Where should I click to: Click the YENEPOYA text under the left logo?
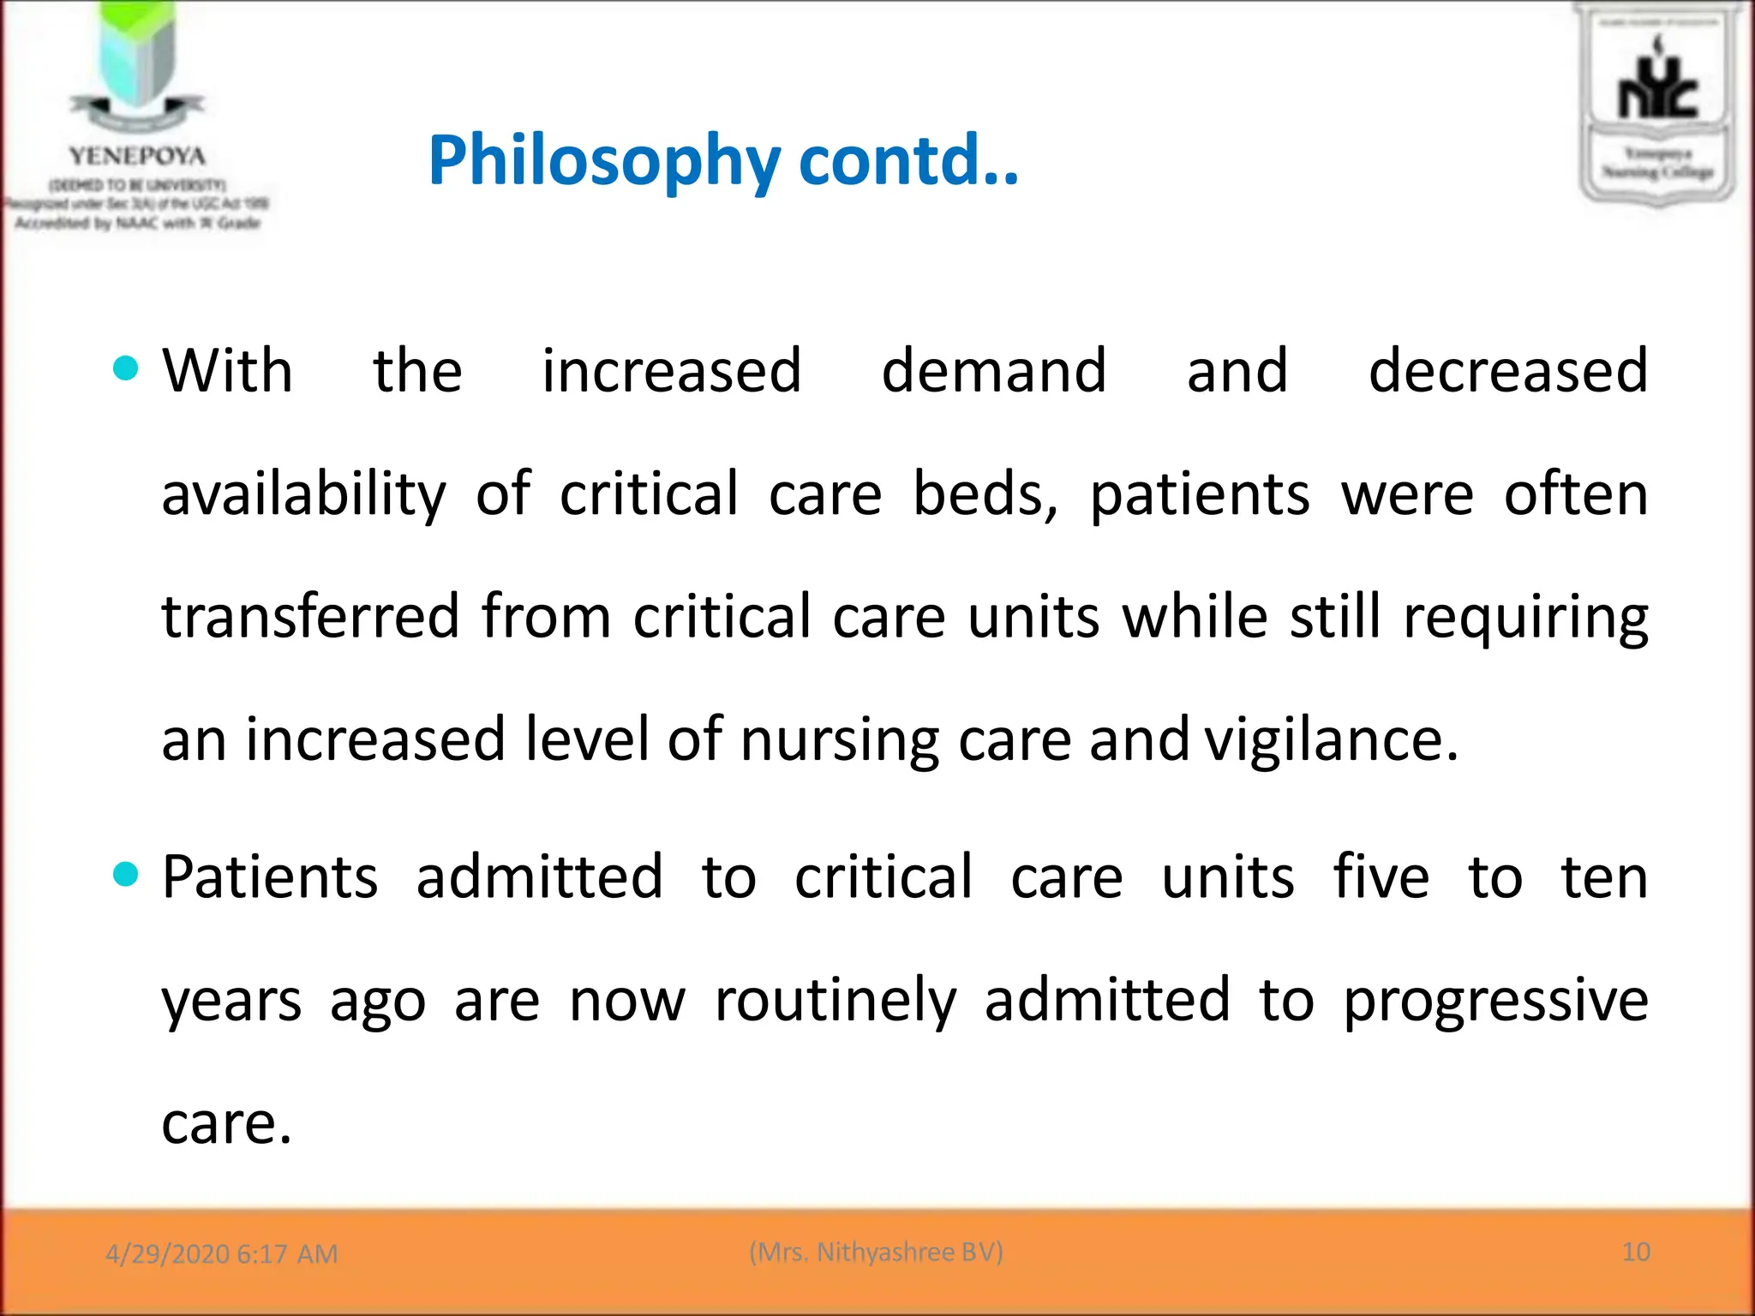pyautogui.click(x=137, y=156)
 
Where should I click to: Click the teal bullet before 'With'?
pyautogui.click(x=125, y=368)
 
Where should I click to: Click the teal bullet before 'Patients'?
pyautogui.click(x=125, y=875)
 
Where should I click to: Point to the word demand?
pyautogui.click(x=994, y=371)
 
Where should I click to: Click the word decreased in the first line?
pyautogui.click(x=1507, y=371)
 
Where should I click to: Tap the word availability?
pyautogui.click(x=304, y=495)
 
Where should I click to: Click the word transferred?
pyautogui.click(x=310, y=617)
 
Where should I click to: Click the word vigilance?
pyautogui.click(x=1331, y=739)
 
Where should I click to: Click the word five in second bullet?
pyautogui.click(x=1381, y=877)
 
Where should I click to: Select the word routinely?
pyautogui.click(x=836, y=1001)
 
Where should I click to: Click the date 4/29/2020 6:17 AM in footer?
pyautogui.click(x=221, y=1253)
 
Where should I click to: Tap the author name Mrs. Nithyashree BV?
pyautogui.click(x=876, y=1252)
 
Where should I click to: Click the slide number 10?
pyautogui.click(x=1636, y=1252)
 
